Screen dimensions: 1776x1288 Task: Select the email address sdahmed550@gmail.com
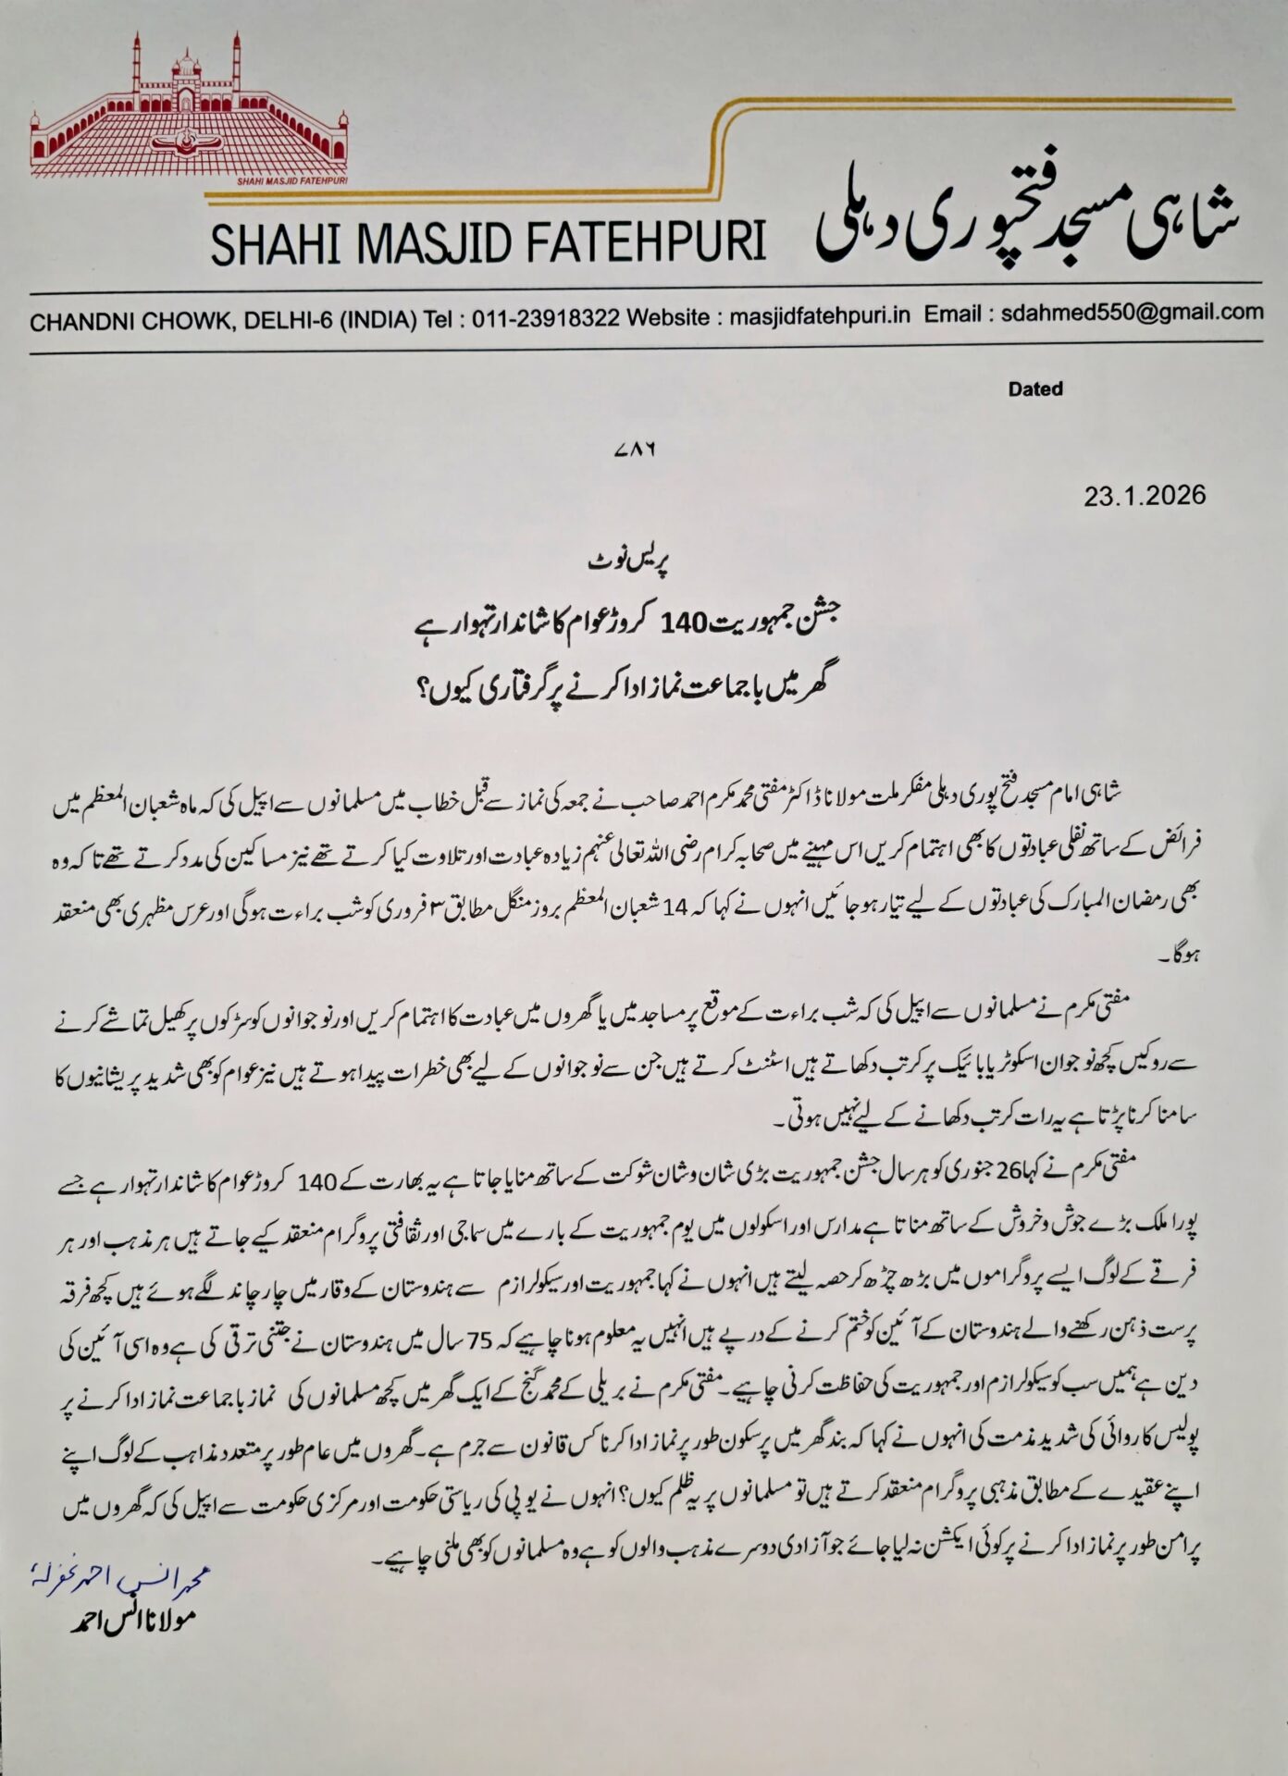[x=1132, y=312]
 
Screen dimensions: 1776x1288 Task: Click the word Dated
[x=1035, y=389]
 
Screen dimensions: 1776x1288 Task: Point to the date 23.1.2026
[x=1146, y=496]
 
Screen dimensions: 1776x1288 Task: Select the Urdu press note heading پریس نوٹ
[x=613, y=561]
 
